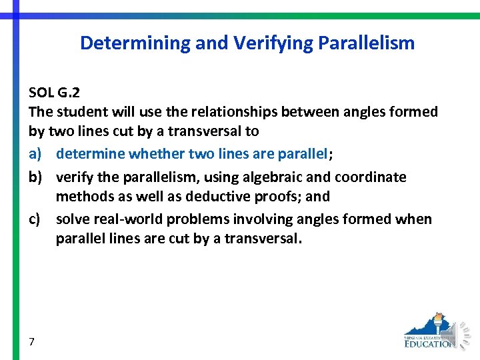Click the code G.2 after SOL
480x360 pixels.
click(69, 92)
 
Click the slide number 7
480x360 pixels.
click(32, 342)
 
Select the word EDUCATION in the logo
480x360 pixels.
click(430, 344)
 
